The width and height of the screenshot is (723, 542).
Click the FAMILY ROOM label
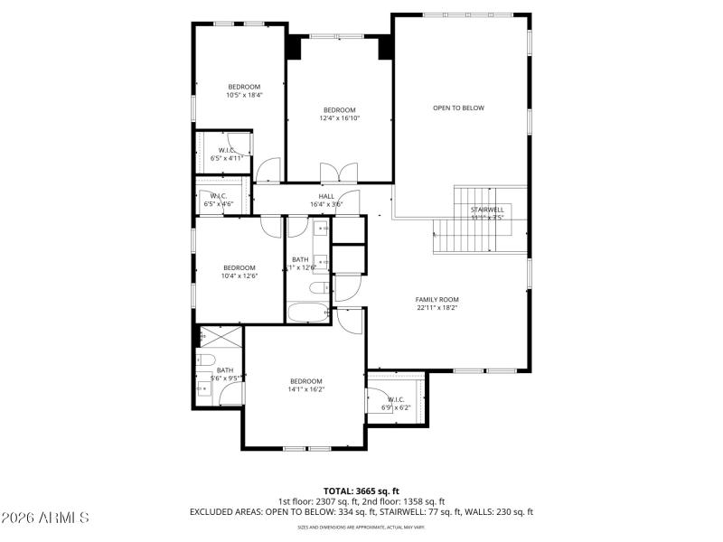point(437,299)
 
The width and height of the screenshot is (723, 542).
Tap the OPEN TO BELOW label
point(458,107)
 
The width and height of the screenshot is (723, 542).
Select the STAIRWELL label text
point(486,210)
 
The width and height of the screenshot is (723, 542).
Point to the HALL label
point(326,196)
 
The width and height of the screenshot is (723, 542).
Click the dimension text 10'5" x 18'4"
point(244,95)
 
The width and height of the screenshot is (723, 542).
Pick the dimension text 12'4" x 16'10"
point(340,117)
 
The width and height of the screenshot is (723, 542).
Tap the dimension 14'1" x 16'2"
point(305,389)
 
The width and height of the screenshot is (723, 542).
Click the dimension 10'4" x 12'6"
point(239,276)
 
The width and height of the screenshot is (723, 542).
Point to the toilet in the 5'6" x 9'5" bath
point(205,361)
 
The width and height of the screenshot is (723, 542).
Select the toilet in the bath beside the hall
point(319,288)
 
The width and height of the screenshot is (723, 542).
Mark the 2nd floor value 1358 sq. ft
point(420,501)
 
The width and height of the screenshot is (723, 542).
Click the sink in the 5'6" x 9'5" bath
point(204,390)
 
